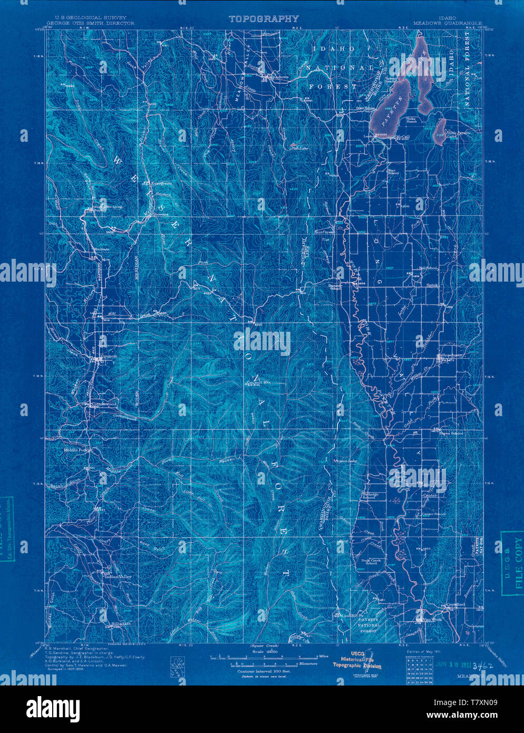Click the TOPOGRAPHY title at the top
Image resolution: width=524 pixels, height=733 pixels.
264,19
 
